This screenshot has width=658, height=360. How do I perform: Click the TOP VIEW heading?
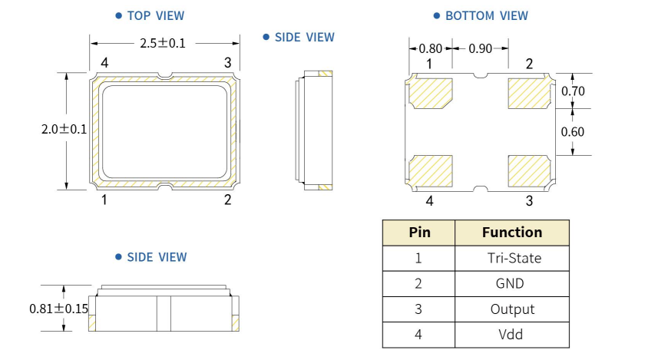coord(154,15)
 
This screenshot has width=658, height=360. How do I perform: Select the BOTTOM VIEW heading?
coord(486,15)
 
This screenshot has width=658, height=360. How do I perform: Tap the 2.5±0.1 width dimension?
coord(162,43)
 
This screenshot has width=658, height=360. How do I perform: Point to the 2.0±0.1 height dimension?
coord(64,130)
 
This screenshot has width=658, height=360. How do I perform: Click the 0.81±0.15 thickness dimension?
coord(58,309)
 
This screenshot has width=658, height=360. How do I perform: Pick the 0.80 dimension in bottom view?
coord(431,48)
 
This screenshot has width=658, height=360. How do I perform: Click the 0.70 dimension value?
coord(573,91)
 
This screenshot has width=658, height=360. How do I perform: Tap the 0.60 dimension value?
coord(573,131)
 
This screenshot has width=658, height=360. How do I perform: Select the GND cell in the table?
coord(510,283)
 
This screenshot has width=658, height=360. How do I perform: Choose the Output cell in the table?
coord(512,309)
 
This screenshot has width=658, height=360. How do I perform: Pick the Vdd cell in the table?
coord(511,335)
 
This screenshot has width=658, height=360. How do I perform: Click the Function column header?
coord(511,232)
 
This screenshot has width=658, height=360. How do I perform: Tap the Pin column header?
coord(419,232)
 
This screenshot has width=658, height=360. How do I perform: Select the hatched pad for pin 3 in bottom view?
coord(529,170)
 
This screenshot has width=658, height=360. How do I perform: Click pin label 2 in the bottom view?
coord(529,64)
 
